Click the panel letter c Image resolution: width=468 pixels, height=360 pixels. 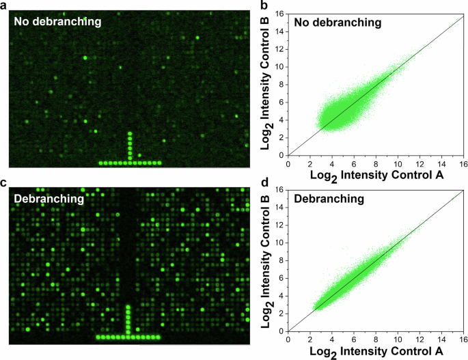(x=3, y=182)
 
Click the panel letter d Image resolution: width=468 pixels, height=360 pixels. (x=263, y=182)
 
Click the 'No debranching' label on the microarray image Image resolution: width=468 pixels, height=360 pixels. (x=57, y=22)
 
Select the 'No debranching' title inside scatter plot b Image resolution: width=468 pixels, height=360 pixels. (x=338, y=23)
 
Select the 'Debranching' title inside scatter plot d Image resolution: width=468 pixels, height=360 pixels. (x=330, y=199)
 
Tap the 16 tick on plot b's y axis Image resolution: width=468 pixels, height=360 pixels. (x=280, y=14)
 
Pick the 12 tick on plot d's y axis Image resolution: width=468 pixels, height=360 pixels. (x=280, y=225)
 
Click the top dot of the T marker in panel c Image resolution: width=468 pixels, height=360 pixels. (x=128, y=306)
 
